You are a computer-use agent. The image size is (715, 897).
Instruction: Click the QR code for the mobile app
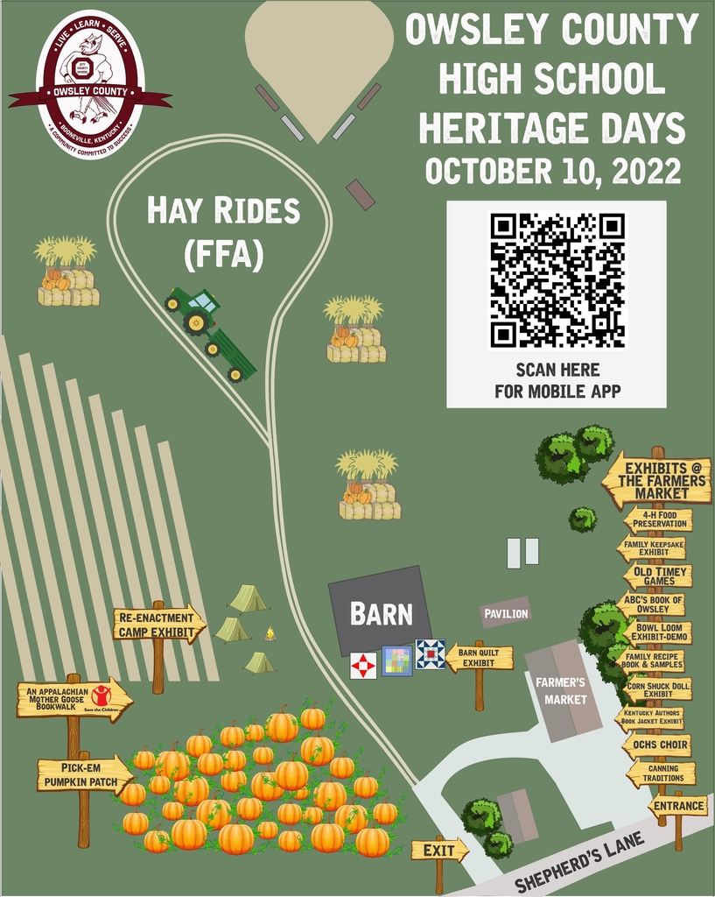pos(557,280)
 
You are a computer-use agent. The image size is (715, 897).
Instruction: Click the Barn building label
pos(382,614)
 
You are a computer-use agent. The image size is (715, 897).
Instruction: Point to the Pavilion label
pos(506,613)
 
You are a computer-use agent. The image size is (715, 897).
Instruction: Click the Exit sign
pos(438,850)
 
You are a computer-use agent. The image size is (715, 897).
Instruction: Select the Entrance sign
pos(677,806)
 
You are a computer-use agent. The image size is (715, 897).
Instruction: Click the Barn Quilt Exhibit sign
pos(480,657)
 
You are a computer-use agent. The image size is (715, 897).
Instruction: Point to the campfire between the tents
pos(270,632)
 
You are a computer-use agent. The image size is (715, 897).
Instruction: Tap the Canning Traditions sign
pos(661,773)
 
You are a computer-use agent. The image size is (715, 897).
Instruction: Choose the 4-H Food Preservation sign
pos(658,519)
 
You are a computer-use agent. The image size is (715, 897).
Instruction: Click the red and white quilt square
pos(363,666)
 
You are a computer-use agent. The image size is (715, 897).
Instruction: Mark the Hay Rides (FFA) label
pos(222,231)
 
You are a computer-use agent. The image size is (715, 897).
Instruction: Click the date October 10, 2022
pos(553,170)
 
